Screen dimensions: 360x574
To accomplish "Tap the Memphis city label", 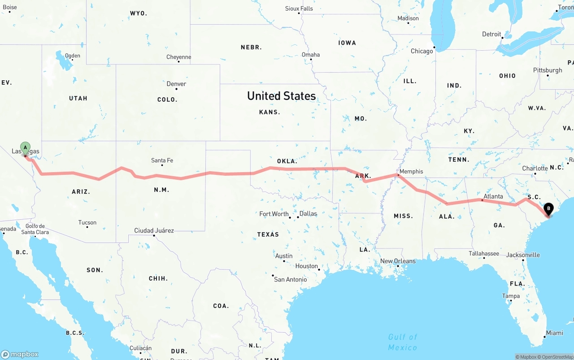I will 411,171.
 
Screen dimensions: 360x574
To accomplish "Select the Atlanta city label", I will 493,196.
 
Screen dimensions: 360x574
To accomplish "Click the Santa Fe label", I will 162,160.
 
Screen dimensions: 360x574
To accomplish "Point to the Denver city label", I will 176,84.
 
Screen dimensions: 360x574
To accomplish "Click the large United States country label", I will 281,96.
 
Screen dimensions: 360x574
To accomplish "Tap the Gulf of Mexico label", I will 402,342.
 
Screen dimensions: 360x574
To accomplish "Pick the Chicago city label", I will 422,51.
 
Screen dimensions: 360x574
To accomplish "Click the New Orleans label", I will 398,261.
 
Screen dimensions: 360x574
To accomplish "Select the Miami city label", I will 554,333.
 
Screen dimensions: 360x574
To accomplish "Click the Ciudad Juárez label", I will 154,230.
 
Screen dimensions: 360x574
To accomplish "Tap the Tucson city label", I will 87,222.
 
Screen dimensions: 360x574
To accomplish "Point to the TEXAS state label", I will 268,234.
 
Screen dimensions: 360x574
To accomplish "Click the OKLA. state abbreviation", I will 287,161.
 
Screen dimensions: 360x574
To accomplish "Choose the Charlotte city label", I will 535,169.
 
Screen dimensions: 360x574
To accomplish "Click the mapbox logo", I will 20,354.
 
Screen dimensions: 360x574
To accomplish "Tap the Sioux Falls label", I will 299,9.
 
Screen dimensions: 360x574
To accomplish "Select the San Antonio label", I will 290,279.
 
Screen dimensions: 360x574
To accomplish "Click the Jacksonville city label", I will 523,255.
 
